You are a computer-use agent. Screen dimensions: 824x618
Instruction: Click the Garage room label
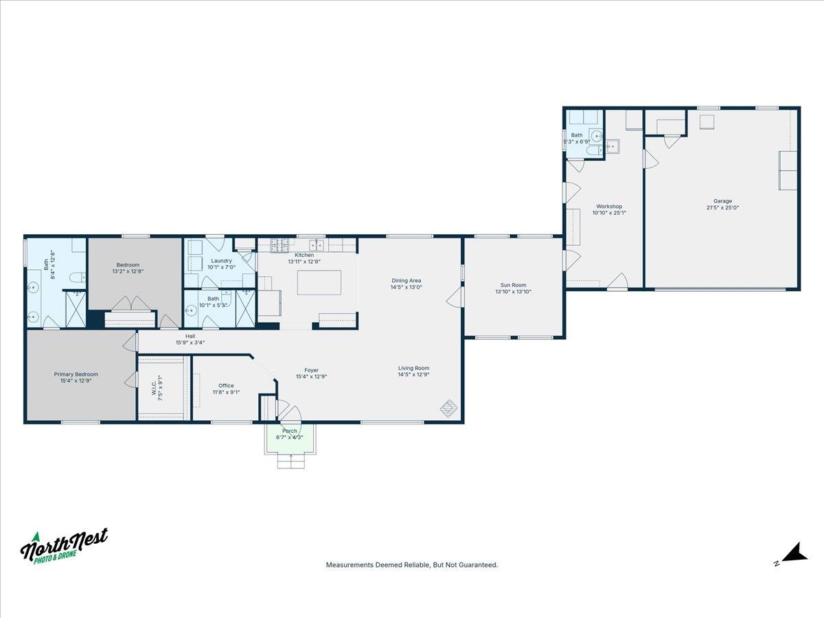pos(722,201)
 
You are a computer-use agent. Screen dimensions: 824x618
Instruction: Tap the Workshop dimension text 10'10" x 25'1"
pos(609,213)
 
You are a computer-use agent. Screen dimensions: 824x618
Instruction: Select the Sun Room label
pos(513,285)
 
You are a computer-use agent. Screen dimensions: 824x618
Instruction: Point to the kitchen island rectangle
pos(319,282)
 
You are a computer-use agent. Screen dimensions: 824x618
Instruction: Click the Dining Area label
pos(407,281)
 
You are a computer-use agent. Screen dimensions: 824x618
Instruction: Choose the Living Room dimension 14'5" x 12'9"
pos(413,374)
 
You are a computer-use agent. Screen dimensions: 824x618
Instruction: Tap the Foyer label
pos(312,370)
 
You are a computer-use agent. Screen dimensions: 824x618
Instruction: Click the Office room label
pos(226,386)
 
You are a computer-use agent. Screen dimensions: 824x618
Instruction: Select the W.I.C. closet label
pos(154,388)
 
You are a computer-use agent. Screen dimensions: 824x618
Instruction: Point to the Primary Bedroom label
pos(76,374)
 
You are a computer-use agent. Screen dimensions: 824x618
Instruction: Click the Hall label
pos(190,336)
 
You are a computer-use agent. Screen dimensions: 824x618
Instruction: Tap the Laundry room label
pos(222,261)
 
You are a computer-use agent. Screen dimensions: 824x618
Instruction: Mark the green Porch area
pos(290,438)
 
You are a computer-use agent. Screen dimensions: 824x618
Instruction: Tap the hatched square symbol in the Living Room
pos(449,409)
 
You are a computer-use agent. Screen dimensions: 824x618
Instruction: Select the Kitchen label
pos(304,255)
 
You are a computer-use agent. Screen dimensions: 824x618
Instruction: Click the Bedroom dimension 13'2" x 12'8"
pos(128,271)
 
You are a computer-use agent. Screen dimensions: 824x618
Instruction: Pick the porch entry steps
pos(291,461)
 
